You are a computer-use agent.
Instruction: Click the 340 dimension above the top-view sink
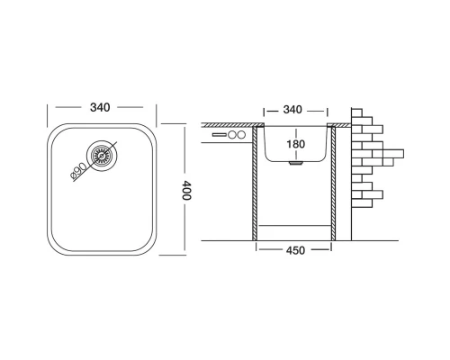(x=101, y=107)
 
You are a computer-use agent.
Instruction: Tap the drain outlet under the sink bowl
(x=294, y=166)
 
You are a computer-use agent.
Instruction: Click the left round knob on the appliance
(x=231, y=136)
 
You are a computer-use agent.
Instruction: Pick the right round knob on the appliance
(x=241, y=136)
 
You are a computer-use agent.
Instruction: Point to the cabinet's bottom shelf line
(x=294, y=222)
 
